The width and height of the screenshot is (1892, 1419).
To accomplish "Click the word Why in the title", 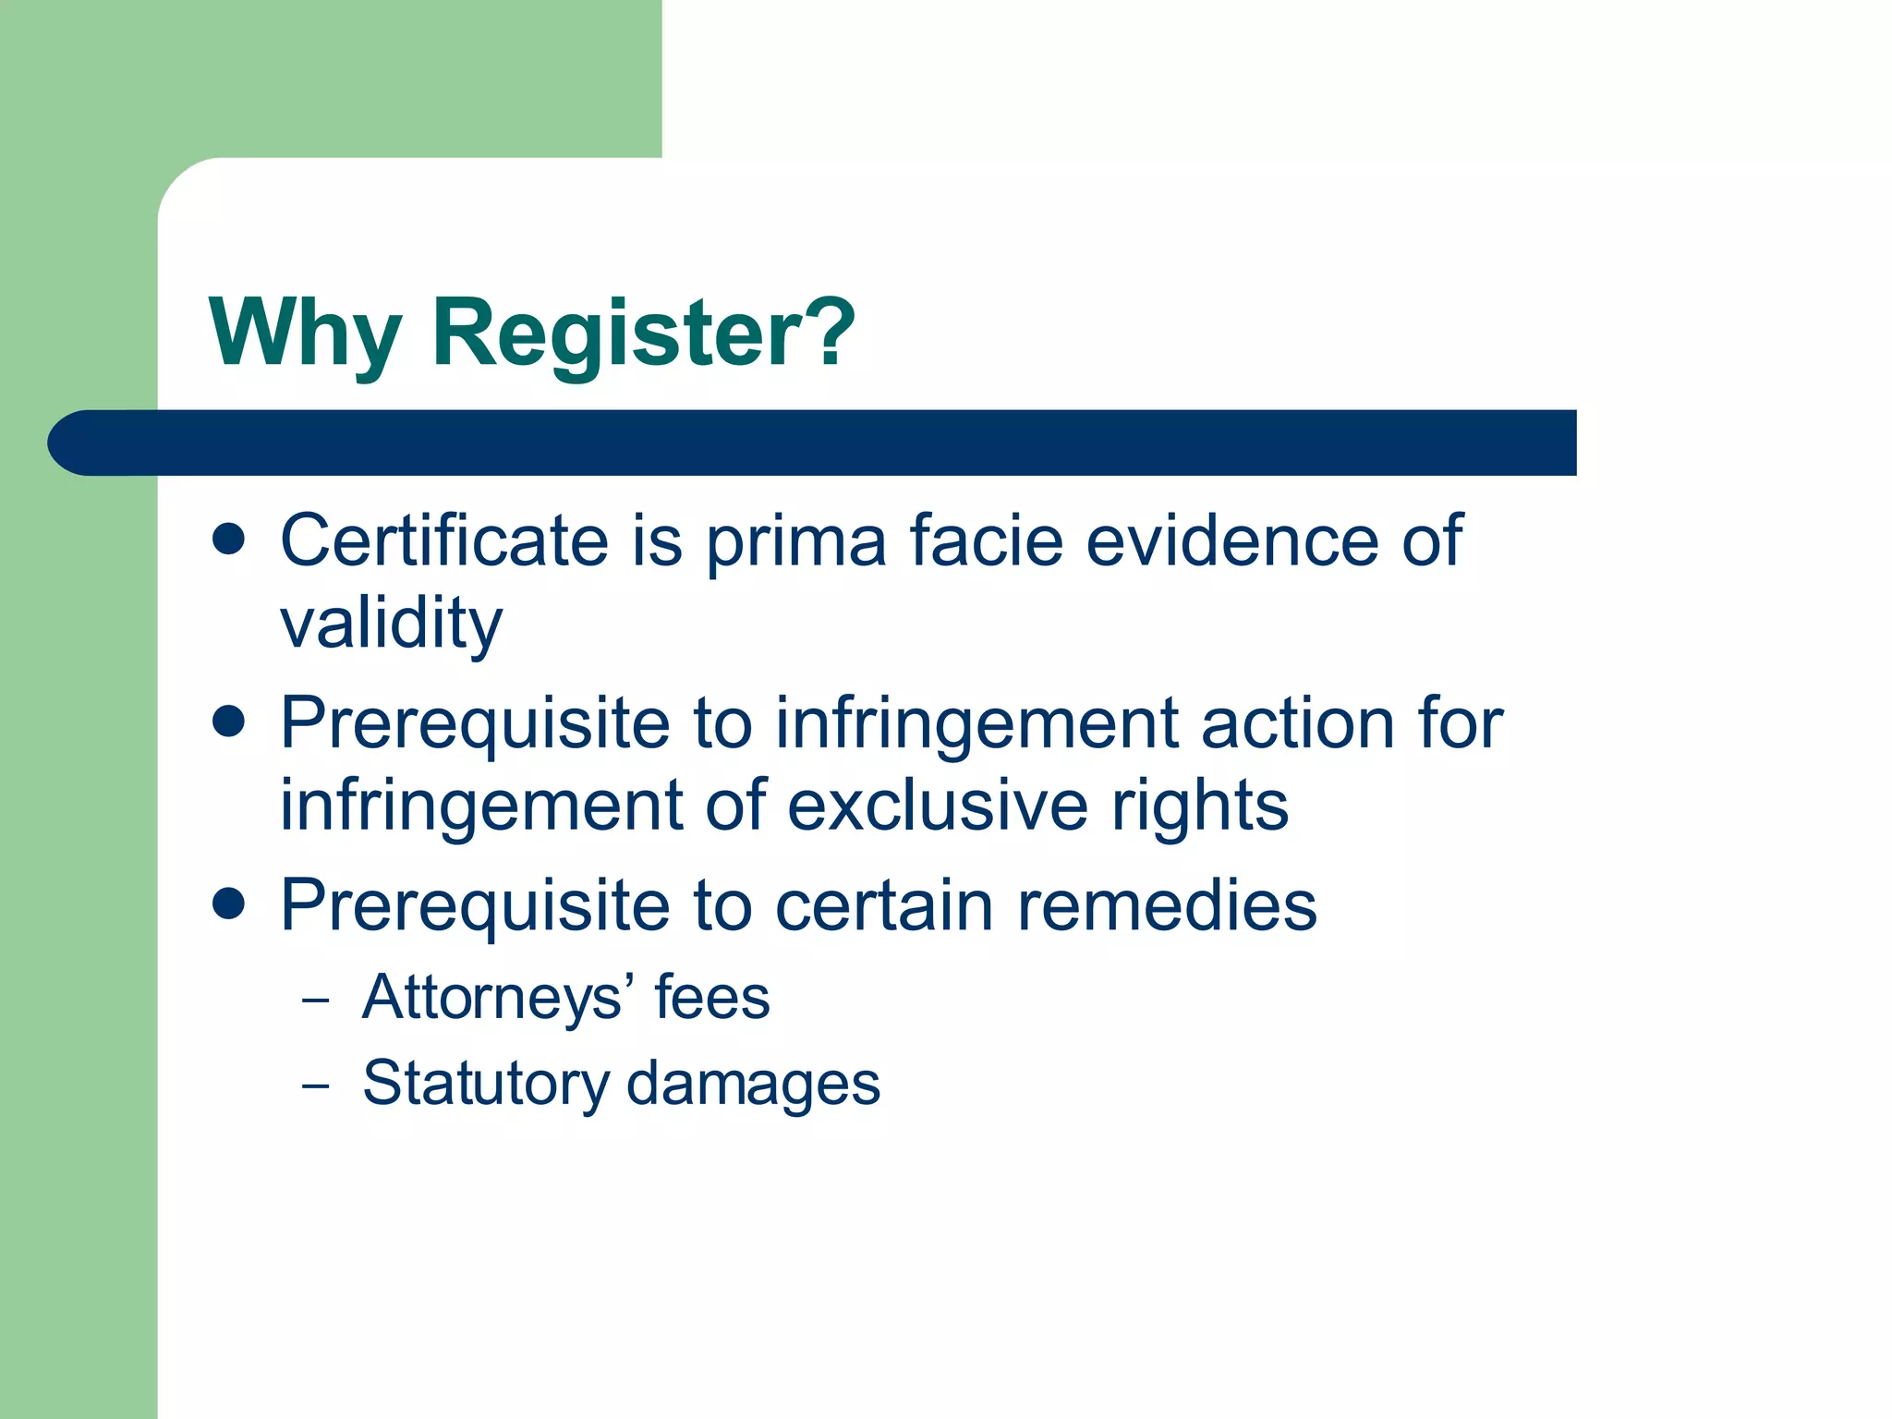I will pos(305,333).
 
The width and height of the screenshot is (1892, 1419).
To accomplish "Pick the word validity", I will pos(391,624).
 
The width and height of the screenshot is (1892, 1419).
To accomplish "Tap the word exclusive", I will pos(938,806).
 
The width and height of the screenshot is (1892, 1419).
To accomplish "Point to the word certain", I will pos(884,905).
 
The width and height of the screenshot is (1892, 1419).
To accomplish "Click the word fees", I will pos(712,998).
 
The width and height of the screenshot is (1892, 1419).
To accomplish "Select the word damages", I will pos(754,1083).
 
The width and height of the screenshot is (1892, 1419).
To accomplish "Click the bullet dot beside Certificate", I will pos(228,539).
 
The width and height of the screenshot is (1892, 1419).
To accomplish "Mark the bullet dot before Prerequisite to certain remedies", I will pos(228,904).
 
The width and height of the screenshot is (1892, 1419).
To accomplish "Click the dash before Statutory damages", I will pos(315,1086).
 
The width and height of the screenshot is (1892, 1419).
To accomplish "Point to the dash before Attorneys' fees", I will pos(315,1001).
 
